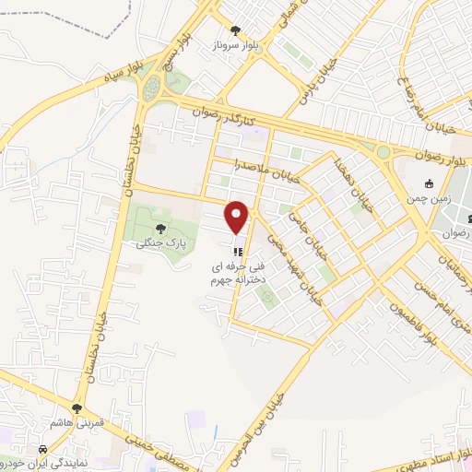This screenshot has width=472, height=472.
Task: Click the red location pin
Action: (238, 217)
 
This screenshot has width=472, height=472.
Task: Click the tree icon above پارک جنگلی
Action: (161, 227)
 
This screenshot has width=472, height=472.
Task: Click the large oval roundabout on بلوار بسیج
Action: (151, 88)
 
